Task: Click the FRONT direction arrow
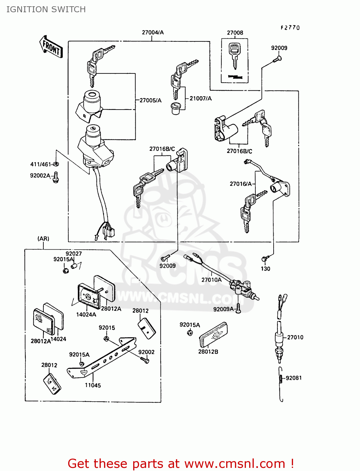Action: pyautogui.click(x=51, y=47)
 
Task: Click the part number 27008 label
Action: pyautogui.click(x=235, y=33)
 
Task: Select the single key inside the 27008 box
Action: pyautogui.click(x=235, y=55)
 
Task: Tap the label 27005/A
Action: pyautogui.click(x=150, y=100)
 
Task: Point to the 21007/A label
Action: pyautogui.click(x=201, y=99)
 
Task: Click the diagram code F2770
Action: pyautogui.click(x=290, y=28)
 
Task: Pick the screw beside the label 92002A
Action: pyautogui.click(x=56, y=177)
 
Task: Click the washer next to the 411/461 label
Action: pyautogui.click(x=56, y=164)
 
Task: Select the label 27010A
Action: pyautogui.click(x=211, y=280)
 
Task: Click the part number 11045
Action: pyautogui.click(x=93, y=385)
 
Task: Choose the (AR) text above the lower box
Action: pyautogui.click(x=43, y=239)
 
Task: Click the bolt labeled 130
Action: pyautogui.click(x=264, y=258)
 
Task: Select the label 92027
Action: pyautogui.click(x=74, y=254)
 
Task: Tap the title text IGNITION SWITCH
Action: pyautogui.click(x=46, y=9)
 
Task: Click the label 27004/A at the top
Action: pyautogui.click(x=153, y=32)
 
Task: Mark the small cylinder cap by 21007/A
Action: pyautogui.click(x=175, y=108)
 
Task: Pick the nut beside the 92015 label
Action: pyautogui.click(x=106, y=339)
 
